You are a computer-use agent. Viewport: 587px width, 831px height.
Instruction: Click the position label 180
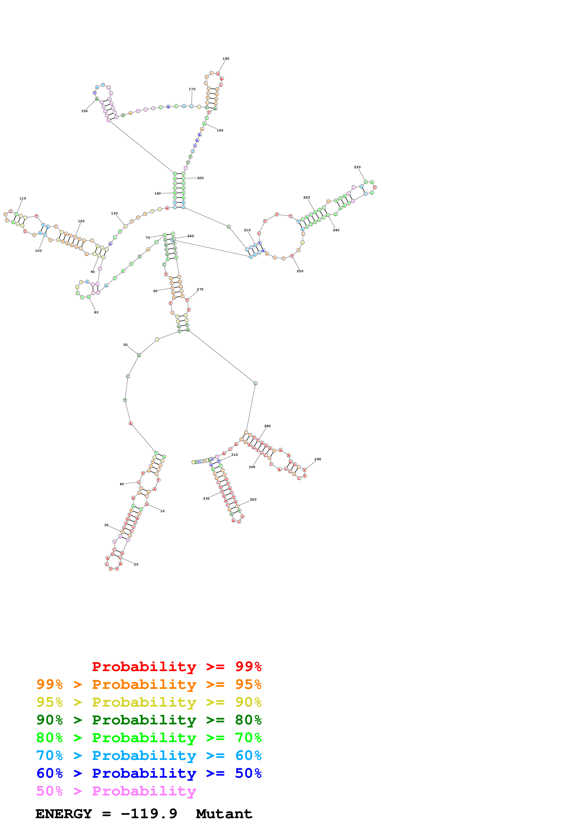(x=226, y=59)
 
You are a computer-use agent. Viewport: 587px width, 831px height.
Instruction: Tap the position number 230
(x=357, y=167)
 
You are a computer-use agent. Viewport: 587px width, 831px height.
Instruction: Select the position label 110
(x=23, y=198)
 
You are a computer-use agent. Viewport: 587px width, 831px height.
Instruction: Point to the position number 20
(x=136, y=564)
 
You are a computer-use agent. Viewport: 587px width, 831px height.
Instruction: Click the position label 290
(x=318, y=459)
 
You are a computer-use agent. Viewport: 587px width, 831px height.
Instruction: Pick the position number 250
(x=300, y=271)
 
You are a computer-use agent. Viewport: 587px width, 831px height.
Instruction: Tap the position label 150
(x=84, y=111)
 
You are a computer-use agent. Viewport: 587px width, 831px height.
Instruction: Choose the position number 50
(x=125, y=345)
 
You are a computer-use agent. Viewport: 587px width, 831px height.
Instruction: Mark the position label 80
(x=96, y=312)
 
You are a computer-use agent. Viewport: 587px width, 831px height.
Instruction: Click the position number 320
(x=253, y=499)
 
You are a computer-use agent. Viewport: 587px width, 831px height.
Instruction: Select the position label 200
(x=200, y=178)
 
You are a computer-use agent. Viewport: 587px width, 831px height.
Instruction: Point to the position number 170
(x=192, y=89)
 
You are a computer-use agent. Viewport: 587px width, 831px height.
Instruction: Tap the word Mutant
(x=224, y=814)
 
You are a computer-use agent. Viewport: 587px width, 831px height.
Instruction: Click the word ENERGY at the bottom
(x=64, y=814)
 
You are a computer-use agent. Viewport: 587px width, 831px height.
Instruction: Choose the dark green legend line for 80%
(x=149, y=720)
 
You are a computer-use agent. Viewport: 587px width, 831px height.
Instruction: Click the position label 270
(x=200, y=289)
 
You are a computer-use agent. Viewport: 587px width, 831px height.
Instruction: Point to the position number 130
(x=114, y=213)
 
